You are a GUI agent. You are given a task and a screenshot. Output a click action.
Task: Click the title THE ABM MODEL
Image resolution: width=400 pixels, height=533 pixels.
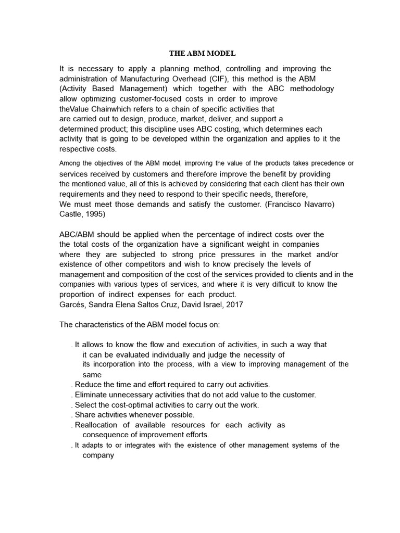point(203,53)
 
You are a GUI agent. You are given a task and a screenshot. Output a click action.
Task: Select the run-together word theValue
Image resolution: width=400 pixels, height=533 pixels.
point(75,109)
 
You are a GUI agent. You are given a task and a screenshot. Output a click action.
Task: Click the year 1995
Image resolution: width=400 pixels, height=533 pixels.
point(99,214)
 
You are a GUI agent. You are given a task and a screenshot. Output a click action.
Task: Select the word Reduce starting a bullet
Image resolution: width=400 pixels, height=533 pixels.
point(88,385)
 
